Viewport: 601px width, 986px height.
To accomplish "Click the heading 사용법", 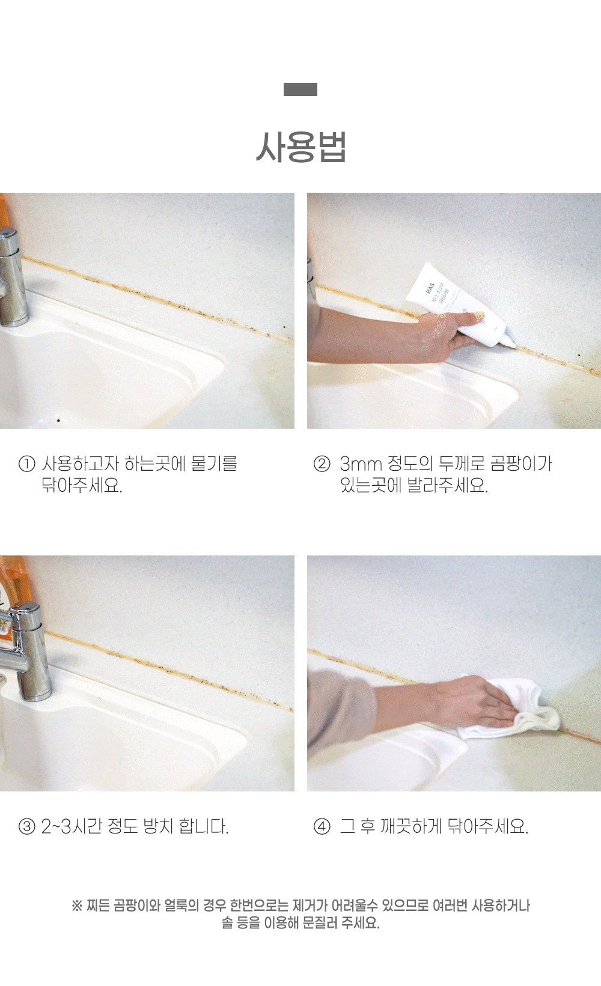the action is [x=301, y=147].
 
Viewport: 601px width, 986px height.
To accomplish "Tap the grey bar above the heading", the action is [x=300, y=89].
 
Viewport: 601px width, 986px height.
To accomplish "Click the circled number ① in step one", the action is [x=27, y=464].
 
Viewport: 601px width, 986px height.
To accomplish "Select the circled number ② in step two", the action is [x=322, y=464].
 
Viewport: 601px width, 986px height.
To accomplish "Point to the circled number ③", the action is [x=27, y=827].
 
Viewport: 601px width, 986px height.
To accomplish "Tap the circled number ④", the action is [x=322, y=827].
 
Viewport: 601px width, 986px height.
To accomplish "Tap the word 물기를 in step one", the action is [x=214, y=464].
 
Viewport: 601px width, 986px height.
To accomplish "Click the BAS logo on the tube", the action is [x=430, y=288].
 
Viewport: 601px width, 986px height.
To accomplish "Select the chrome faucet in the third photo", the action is [x=26, y=652].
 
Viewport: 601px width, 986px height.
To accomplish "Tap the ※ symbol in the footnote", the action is [x=77, y=906].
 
